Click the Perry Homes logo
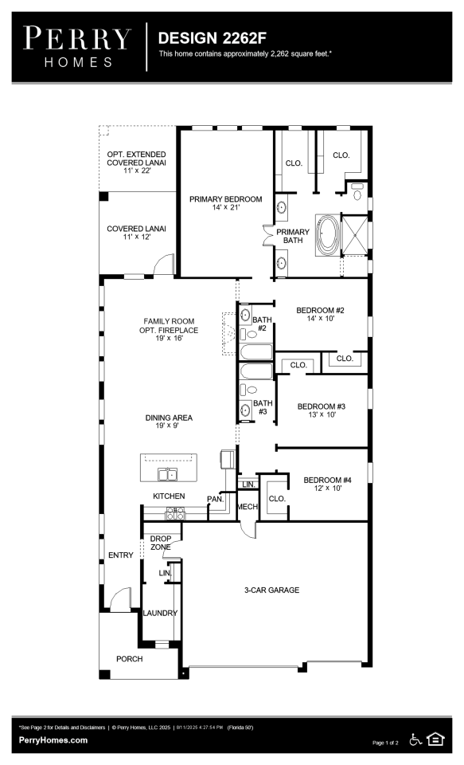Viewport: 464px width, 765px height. tap(77, 47)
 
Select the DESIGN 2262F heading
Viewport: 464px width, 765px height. tap(212, 38)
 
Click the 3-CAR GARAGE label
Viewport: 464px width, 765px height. tap(271, 590)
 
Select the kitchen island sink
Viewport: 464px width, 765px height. tap(167, 473)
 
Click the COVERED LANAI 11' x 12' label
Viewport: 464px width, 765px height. tap(136, 232)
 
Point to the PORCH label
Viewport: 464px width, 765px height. tap(130, 659)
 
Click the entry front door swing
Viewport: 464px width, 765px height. tap(120, 598)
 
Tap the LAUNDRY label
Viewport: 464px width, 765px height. tap(160, 613)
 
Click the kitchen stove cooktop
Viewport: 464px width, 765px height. tap(175, 513)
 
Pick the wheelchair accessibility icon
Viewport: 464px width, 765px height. tap(415, 739)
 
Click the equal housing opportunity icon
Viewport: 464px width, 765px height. tap(435, 739)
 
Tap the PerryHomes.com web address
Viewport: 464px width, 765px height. tap(53, 739)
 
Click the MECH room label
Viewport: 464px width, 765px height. tap(247, 507)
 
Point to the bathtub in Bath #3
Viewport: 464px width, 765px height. tap(256, 371)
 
